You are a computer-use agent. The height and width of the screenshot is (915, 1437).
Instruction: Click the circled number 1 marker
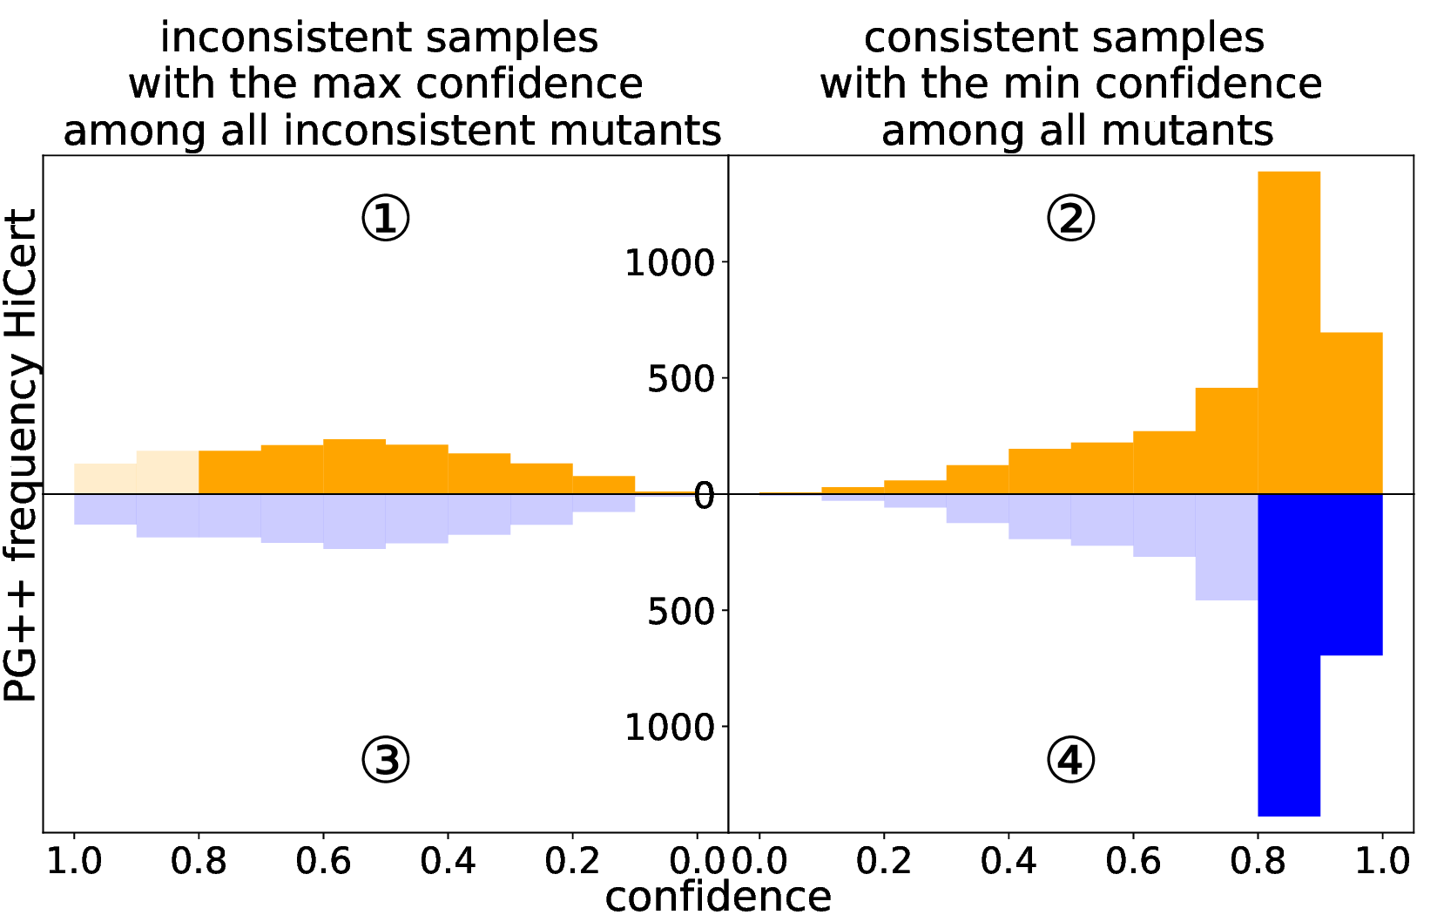pyautogui.click(x=385, y=218)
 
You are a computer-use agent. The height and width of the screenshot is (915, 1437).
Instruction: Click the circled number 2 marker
pyautogui.click(x=1070, y=218)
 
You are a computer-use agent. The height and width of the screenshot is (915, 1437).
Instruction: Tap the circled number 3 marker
pyautogui.click(x=385, y=760)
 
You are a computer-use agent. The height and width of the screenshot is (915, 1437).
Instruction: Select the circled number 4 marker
pyautogui.click(x=1070, y=760)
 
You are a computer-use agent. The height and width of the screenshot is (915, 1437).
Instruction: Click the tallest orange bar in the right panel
pyautogui.click(x=1289, y=331)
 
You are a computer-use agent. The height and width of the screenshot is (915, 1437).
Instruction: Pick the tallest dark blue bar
pyautogui.click(x=1289, y=654)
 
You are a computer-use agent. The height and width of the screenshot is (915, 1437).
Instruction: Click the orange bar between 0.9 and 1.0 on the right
pyautogui.click(x=1352, y=414)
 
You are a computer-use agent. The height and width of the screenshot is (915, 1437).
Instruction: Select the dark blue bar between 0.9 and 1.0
pyautogui.click(x=1352, y=575)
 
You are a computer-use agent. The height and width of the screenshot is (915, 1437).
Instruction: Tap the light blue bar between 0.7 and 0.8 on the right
pyautogui.click(x=1226, y=547)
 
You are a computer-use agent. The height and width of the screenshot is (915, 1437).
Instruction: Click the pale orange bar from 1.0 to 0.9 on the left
pyautogui.click(x=105, y=479)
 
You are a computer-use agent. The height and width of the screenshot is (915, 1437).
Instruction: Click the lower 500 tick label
pyautogui.click(x=680, y=612)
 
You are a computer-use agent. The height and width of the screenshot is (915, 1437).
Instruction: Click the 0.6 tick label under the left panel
pyautogui.click(x=323, y=861)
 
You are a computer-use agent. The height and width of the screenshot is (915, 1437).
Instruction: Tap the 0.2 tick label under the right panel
pyautogui.click(x=883, y=861)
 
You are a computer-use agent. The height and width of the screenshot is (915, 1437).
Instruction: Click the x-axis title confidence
pyautogui.click(x=718, y=896)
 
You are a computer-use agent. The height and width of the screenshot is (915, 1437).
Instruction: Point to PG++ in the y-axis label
pyautogui.click(x=21, y=644)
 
